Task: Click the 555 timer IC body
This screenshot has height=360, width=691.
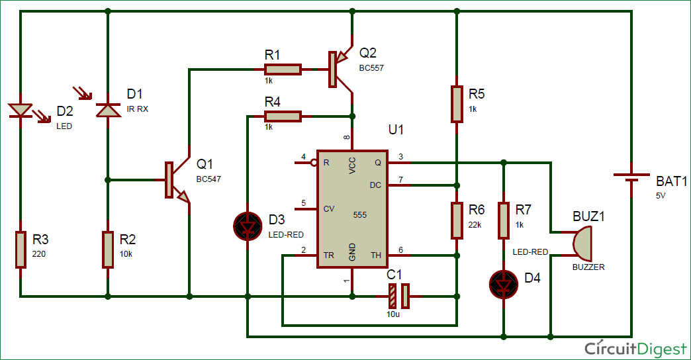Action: tap(353, 209)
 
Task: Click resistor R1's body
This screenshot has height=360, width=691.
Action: tap(283, 69)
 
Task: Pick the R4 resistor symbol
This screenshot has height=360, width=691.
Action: tap(283, 116)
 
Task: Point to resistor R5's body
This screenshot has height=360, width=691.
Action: tap(457, 104)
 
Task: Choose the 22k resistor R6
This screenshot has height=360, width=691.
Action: tap(457, 220)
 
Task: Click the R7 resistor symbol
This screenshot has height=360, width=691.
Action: tap(504, 220)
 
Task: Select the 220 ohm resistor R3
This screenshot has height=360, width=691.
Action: tap(21, 249)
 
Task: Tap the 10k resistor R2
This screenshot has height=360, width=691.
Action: tap(108, 249)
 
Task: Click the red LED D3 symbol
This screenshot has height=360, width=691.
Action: tap(248, 226)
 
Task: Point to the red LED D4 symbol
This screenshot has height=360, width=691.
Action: tap(504, 285)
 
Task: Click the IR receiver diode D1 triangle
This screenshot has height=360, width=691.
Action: tap(109, 110)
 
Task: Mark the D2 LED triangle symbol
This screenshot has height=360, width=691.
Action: tap(21, 111)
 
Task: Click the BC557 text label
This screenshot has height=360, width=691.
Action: tap(371, 68)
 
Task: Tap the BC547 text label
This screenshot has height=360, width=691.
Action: tap(208, 179)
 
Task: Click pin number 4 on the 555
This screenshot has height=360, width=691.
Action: tap(303, 156)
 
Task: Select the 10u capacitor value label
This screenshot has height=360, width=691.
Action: tap(393, 314)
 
